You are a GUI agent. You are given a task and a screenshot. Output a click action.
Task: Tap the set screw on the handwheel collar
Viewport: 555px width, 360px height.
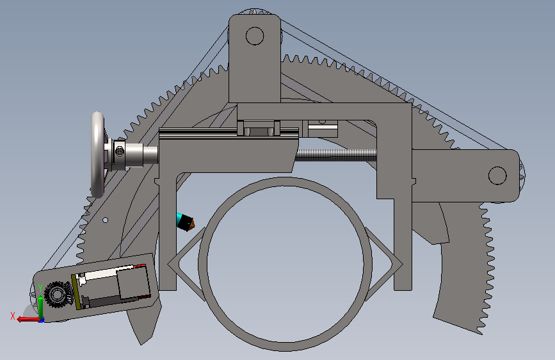[120, 152]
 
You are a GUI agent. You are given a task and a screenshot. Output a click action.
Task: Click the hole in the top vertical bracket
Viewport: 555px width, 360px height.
[255, 36]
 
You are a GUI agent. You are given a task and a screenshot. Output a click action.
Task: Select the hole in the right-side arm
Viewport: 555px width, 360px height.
[497, 176]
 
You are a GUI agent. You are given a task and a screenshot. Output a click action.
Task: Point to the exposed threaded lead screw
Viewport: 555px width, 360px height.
[336, 155]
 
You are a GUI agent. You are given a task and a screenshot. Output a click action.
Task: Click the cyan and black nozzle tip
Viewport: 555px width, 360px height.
[185, 222]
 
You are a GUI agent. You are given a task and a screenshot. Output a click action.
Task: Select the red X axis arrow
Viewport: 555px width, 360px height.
[28, 319]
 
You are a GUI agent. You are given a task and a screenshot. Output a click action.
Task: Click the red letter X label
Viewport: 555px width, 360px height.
[13, 316]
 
